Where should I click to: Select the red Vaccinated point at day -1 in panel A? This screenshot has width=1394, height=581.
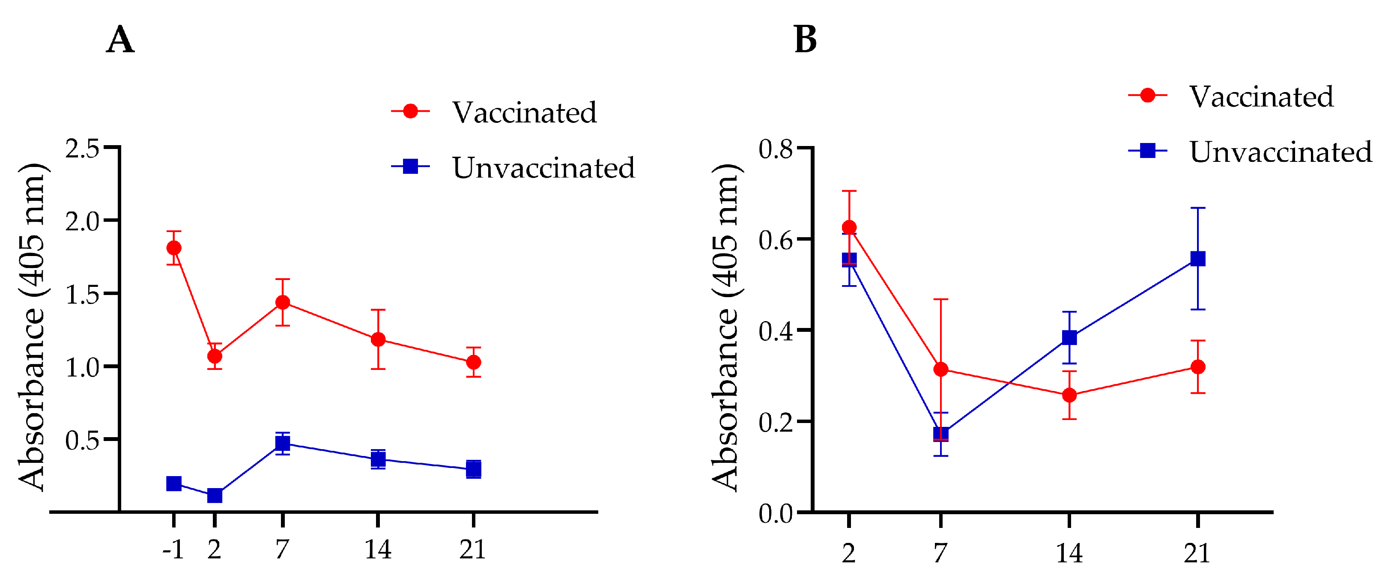pyautogui.click(x=174, y=248)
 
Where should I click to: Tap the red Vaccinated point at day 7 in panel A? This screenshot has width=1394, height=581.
pyautogui.click(x=283, y=302)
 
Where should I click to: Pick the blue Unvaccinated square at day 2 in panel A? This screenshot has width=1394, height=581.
pyautogui.click(x=215, y=495)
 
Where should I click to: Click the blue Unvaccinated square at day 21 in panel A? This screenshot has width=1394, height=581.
pyautogui.click(x=474, y=469)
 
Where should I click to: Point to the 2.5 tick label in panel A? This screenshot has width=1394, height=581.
pyautogui.click(x=82, y=148)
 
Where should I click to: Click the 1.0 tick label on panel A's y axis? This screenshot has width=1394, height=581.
pyautogui.click(x=82, y=367)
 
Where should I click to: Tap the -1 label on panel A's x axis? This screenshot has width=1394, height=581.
pyautogui.click(x=173, y=550)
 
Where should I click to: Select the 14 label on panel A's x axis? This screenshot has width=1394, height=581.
pyautogui.click(x=378, y=550)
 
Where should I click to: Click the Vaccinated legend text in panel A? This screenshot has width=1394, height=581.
pyautogui.click(x=524, y=113)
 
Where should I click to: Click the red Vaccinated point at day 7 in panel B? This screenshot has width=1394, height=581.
pyautogui.click(x=941, y=369)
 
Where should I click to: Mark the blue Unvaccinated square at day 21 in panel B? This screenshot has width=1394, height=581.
pyautogui.click(x=1198, y=259)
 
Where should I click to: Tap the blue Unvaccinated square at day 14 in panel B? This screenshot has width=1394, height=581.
pyautogui.click(x=1069, y=337)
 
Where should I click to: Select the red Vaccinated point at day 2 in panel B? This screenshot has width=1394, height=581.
pyautogui.click(x=849, y=227)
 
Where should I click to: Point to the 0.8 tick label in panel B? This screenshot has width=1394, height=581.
pyautogui.click(x=776, y=149)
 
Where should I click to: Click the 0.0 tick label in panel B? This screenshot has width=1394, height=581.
pyautogui.click(x=776, y=513)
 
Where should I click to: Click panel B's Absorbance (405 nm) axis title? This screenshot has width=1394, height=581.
pyautogui.click(x=725, y=327)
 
